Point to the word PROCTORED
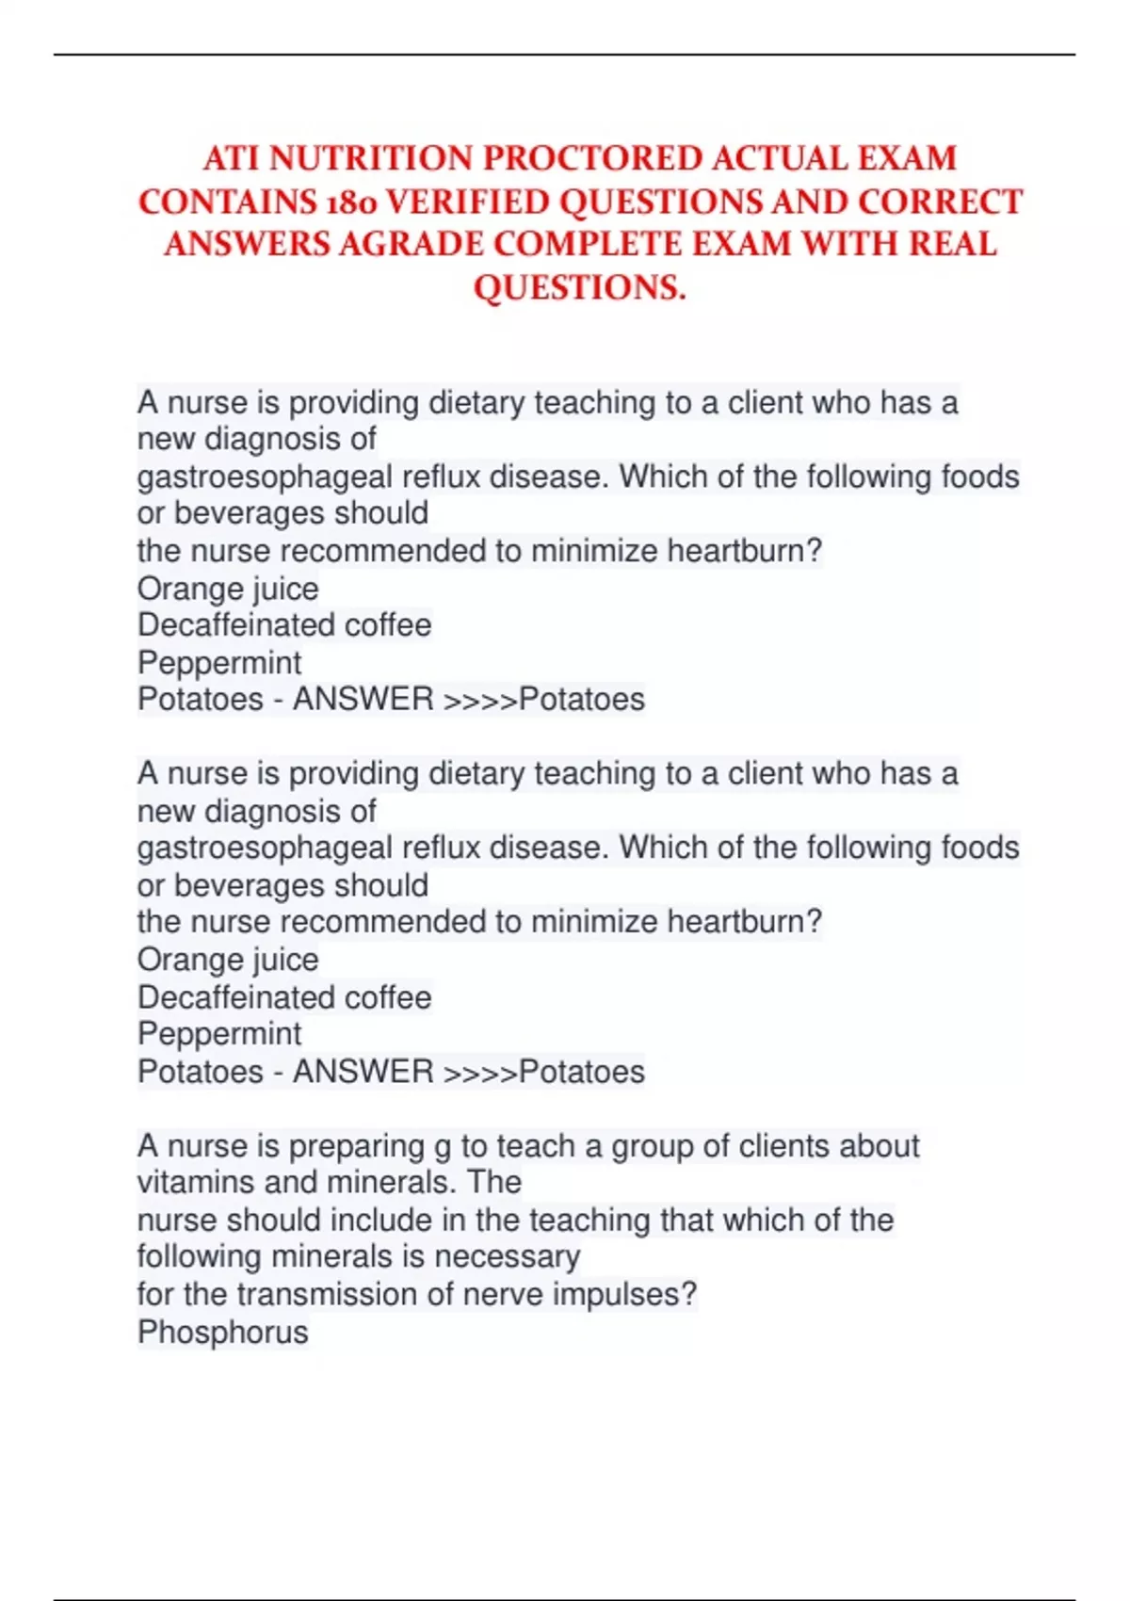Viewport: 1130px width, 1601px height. (x=592, y=158)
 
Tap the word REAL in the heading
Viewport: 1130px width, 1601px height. (x=952, y=244)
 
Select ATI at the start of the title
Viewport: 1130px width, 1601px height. (x=231, y=158)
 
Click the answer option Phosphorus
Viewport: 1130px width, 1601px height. (x=223, y=1332)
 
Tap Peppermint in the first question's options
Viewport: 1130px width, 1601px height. (x=219, y=662)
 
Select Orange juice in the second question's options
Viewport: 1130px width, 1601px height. (x=228, y=959)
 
